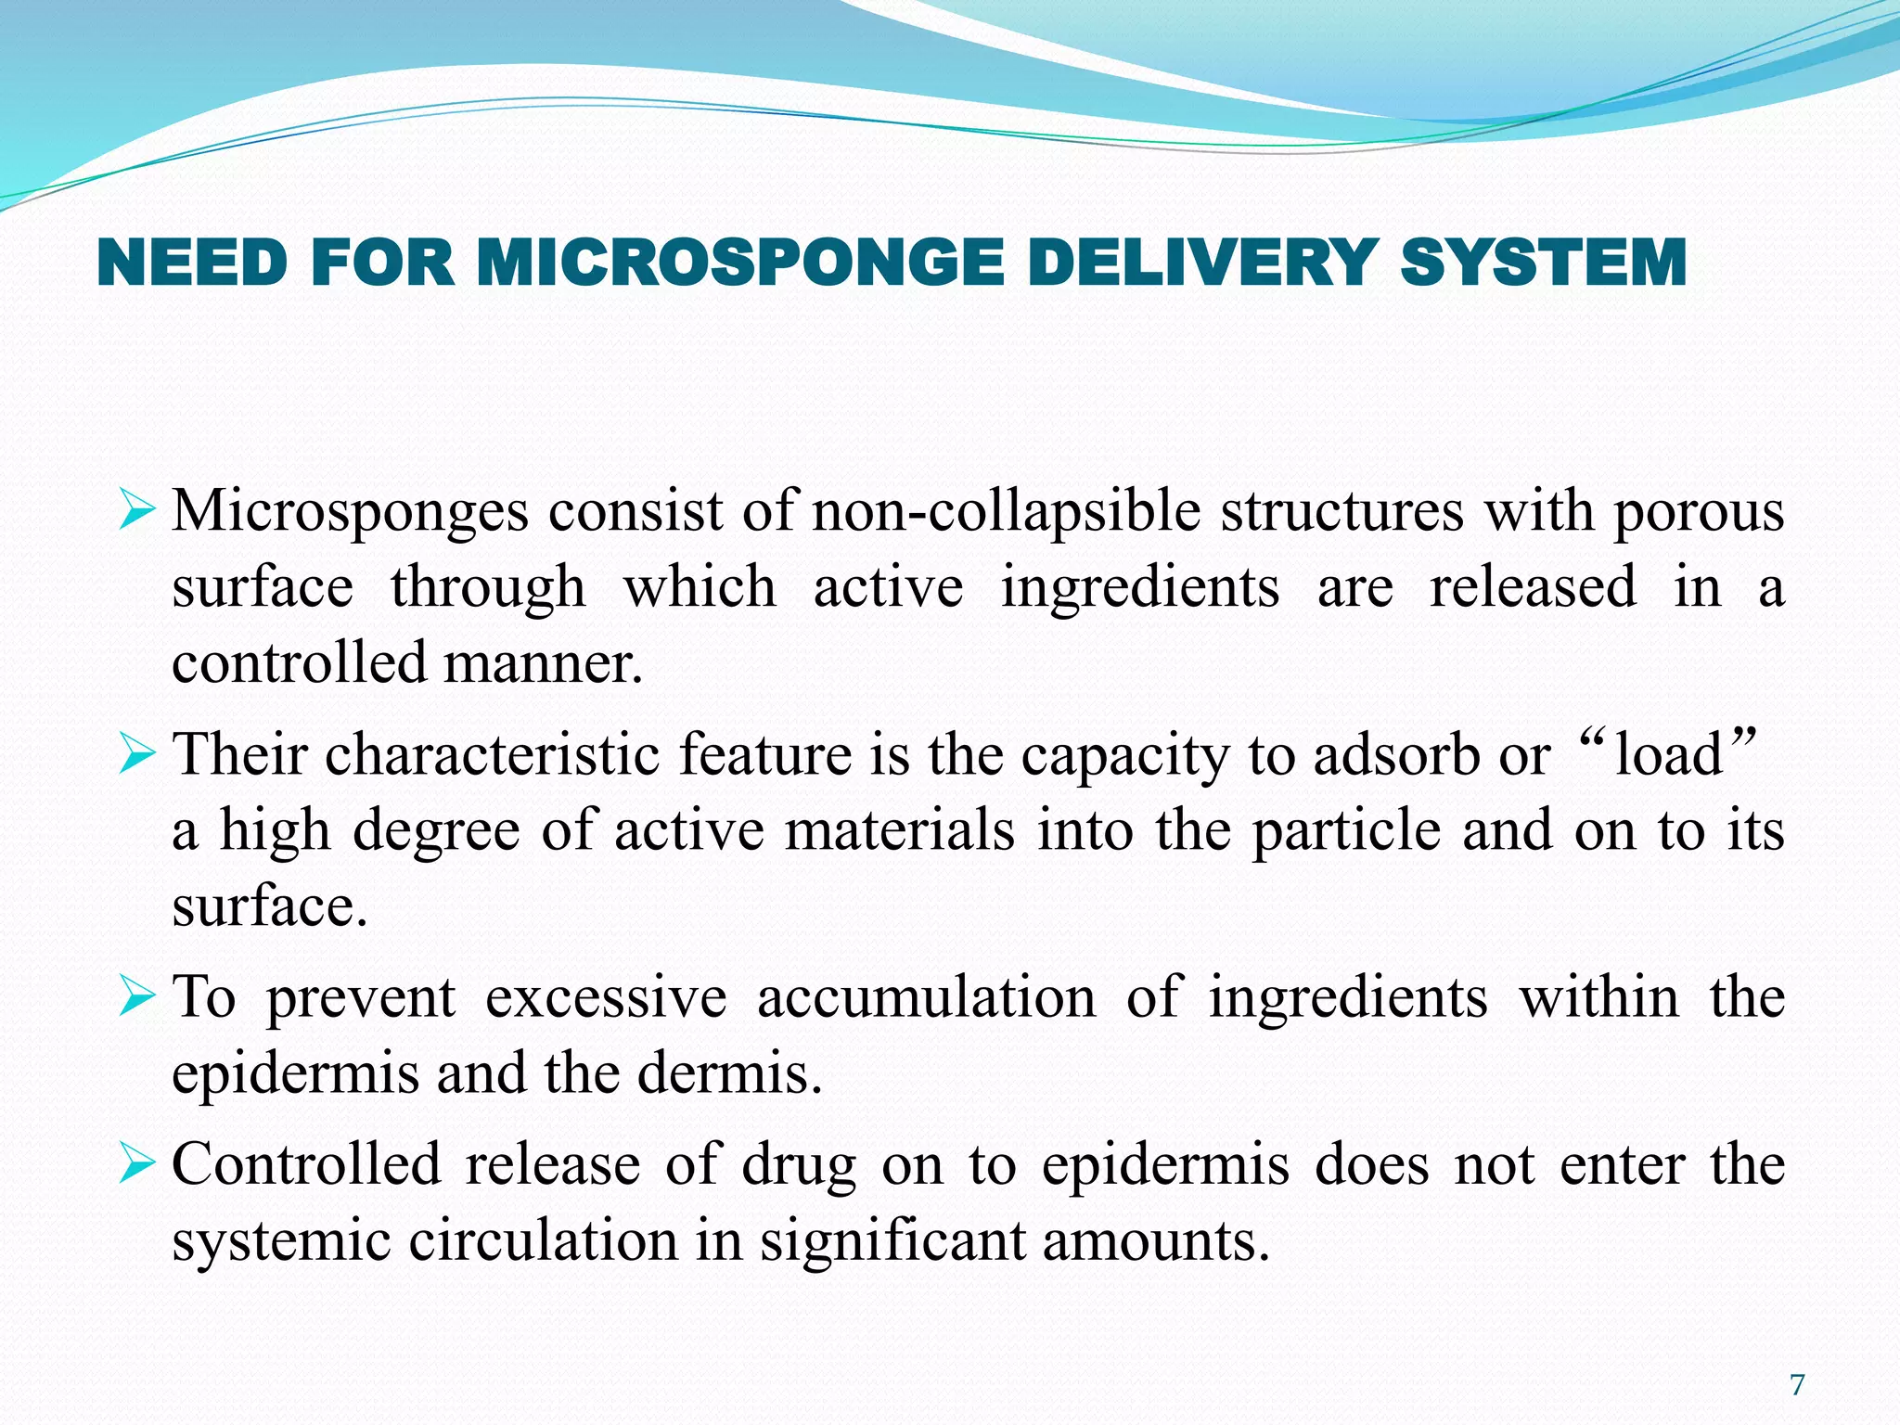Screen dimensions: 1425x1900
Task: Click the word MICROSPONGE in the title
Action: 740,263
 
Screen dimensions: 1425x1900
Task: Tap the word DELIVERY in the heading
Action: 1201,263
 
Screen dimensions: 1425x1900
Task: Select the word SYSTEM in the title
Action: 1543,263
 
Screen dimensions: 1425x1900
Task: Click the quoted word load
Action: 1668,754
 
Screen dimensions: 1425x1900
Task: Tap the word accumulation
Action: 926,998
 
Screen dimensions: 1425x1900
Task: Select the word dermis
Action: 729,1074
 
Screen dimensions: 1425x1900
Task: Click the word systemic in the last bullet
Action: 280,1241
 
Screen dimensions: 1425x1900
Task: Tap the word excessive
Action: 606,998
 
